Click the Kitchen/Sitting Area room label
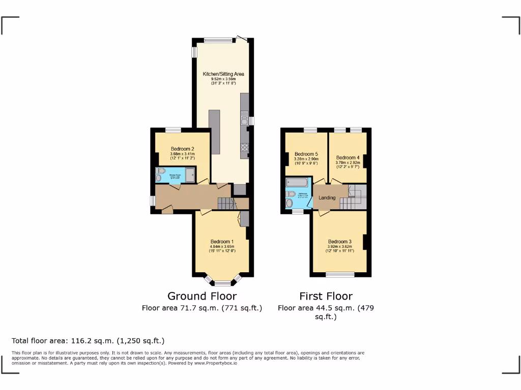coord(220,74)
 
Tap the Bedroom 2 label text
coord(182,149)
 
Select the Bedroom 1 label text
coord(222,241)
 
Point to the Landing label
coord(327,198)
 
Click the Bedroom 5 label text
coord(306,154)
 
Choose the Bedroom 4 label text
coord(348,157)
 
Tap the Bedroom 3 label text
coord(339,241)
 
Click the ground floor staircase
coord(227,204)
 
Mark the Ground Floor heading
coord(202,296)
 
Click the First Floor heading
coord(326,296)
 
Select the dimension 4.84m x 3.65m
coord(222,247)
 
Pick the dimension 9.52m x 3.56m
coord(220,79)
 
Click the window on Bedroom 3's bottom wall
coord(340,275)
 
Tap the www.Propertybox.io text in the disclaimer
coord(215,363)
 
